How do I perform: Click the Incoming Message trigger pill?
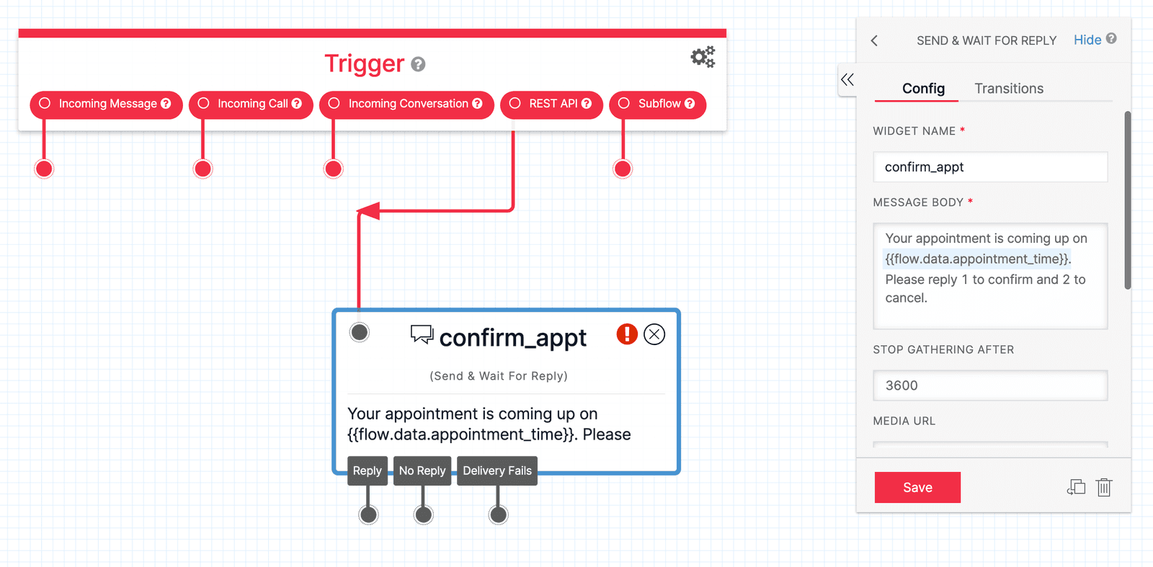coord(107,104)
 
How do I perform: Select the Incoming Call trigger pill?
coord(251,104)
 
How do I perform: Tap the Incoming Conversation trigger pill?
coord(406,104)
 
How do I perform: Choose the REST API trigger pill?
coord(551,104)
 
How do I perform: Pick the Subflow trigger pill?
coord(657,104)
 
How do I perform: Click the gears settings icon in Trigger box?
coord(703,57)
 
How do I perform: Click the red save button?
coord(917,488)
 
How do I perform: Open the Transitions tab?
coord(1009,89)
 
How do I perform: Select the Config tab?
coord(923,89)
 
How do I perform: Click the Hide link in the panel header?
coord(1087,40)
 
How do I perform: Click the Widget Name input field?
coord(990,167)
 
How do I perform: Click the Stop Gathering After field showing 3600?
coord(990,385)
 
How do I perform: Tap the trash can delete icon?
coord(1104,488)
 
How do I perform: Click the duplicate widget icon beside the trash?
coord(1076,488)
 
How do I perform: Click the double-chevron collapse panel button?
coord(847,80)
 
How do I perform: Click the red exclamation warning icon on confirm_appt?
coord(627,334)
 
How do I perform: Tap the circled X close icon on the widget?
coord(654,334)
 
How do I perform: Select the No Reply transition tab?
coord(422,470)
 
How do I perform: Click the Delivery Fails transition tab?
coord(497,470)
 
